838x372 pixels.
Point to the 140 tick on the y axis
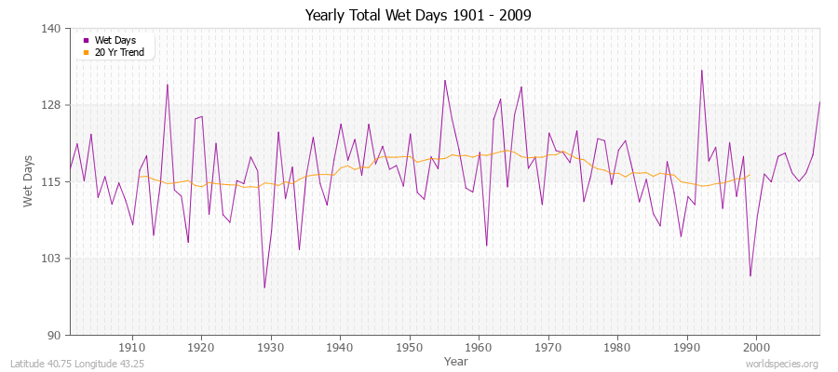[52, 29]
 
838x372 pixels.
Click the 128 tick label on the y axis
[52, 105]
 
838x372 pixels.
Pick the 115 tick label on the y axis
[52, 181]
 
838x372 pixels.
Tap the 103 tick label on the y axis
[52, 258]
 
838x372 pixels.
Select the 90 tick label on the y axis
[55, 335]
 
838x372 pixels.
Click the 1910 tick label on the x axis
[132, 345]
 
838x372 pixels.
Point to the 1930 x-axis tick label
[271, 345]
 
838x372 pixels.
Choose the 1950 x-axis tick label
[410, 345]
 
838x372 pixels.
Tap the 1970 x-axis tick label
[548, 345]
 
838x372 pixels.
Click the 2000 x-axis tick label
[756, 345]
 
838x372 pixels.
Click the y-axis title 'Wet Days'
[29, 181]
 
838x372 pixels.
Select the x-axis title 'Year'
[456, 360]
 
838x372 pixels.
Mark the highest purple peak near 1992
[701, 70]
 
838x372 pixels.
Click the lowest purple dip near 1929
[264, 287]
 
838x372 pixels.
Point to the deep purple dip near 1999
[750, 276]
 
